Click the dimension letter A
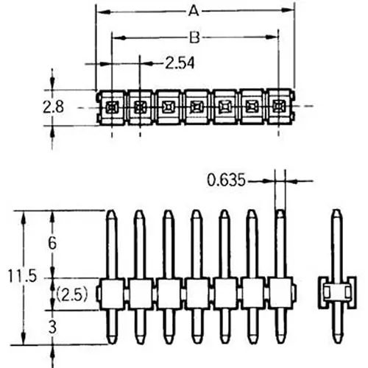tap(194, 11)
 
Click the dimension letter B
tap(194, 38)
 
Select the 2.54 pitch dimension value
tap(180, 64)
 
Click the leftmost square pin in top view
tap(112, 107)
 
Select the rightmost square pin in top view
tap(277, 107)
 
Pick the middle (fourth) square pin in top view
tap(196, 107)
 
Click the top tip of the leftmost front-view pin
tap(112, 213)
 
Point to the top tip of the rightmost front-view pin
tap(280, 213)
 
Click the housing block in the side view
tap(336, 294)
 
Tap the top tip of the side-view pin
tap(336, 213)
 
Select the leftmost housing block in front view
tap(112, 294)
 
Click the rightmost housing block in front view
tap(280, 294)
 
